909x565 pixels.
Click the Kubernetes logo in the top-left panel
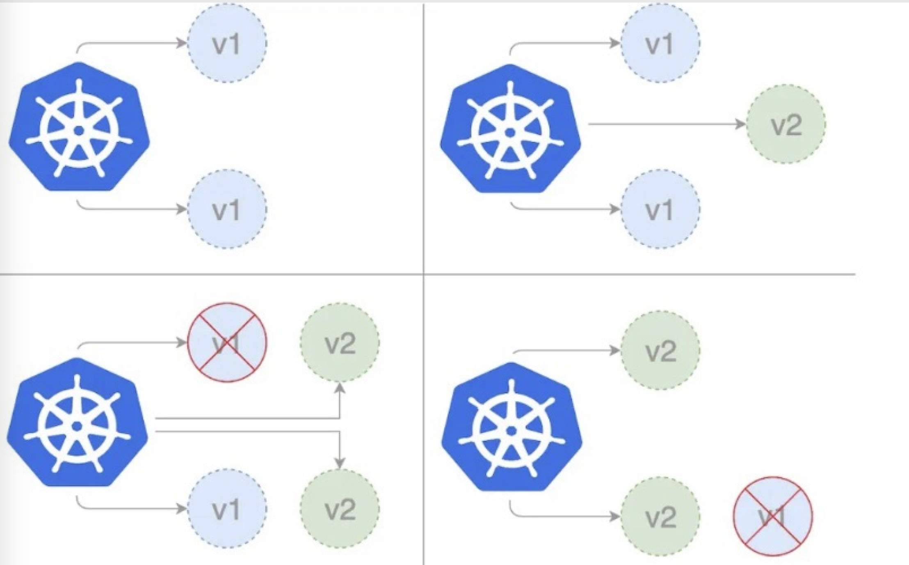click(79, 128)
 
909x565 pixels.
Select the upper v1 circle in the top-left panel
click(227, 43)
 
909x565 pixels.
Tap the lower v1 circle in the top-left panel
click(227, 209)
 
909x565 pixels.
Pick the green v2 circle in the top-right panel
click(786, 124)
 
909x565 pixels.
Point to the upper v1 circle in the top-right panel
click(660, 43)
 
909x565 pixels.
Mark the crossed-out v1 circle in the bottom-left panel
click(227, 342)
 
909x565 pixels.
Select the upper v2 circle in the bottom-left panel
click(340, 342)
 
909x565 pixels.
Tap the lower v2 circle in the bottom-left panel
click(340, 509)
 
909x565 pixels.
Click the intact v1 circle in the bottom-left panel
click(227, 509)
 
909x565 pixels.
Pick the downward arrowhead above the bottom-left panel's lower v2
click(340, 463)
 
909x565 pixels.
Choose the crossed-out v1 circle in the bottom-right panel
click(773, 516)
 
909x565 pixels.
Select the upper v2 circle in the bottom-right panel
click(660, 350)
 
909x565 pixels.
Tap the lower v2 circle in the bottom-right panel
click(660, 516)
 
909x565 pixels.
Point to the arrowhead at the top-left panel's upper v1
click(182, 43)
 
